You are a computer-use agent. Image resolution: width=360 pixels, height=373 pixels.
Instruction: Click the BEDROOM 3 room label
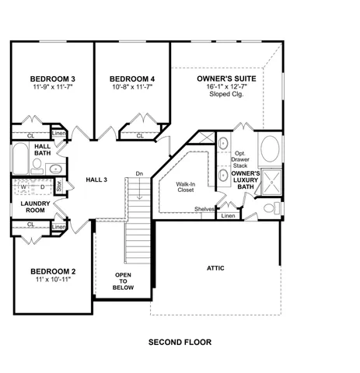click(x=52, y=78)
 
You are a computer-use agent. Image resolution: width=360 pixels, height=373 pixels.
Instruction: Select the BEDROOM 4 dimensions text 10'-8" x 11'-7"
click(x=131, y=87)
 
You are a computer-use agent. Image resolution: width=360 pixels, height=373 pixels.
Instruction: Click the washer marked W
click(x=22, y=187)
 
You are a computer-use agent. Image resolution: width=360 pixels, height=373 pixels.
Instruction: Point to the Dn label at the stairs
click(x=138, y=173)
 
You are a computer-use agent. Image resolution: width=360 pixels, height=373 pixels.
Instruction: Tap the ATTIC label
click(x=215, y=268)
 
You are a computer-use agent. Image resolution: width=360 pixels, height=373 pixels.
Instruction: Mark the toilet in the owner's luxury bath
click(x=269, y=207)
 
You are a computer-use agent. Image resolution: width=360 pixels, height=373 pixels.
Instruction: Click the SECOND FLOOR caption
click(x=180, y=341)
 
